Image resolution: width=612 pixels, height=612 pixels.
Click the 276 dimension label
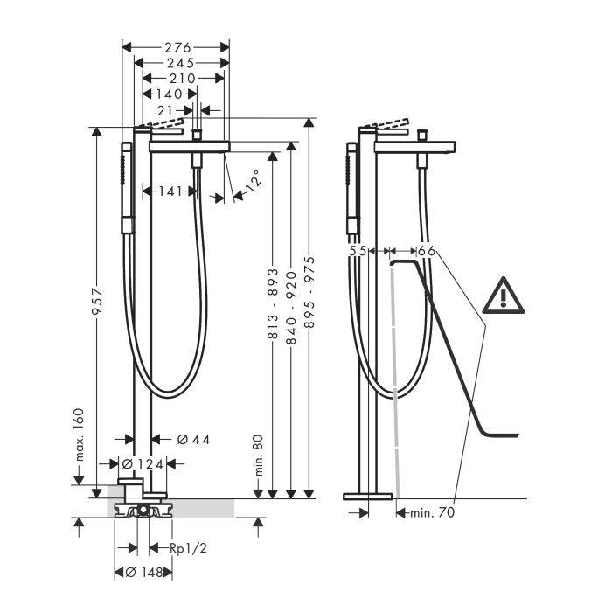(x=177, y=47)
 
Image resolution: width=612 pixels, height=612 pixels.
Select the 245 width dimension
(x=181, y=63)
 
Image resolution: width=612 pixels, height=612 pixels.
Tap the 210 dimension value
(x=182, y=79)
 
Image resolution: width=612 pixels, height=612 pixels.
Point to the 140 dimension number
(x=169, y=94)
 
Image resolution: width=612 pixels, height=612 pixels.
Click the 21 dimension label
(x=165, y=111)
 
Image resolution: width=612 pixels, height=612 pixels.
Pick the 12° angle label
(x=252, y=181)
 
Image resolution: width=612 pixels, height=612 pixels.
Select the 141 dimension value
(x=170, y=191)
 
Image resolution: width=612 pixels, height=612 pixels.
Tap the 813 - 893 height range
(x=274, y=303)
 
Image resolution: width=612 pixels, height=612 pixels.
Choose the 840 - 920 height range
(x=291, y=308)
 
